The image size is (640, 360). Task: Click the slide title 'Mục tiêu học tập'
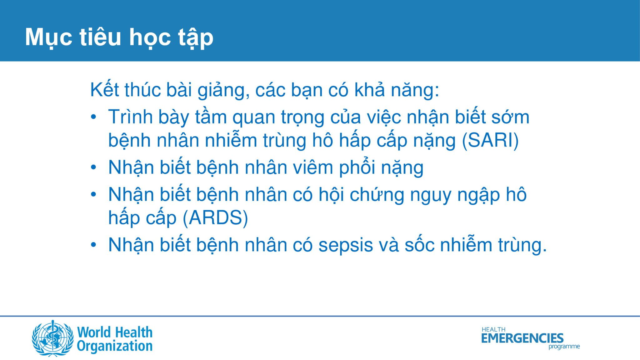click(x=119, y=38)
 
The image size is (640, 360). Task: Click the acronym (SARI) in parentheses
click(x=490, y=141)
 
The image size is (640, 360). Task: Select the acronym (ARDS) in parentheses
click(x=215, y=218)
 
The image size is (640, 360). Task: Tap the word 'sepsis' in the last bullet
click(x=346, y=245)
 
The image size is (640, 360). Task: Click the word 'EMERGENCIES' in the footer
click(x=522, y=338)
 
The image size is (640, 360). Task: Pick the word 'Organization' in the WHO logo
click(x=115, y=347)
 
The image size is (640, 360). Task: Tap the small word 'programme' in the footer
click(x=564, y=347)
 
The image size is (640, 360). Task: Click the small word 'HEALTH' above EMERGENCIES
click(x=493, y=329)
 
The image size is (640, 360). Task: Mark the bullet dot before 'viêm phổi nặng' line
click(x=93, y=168)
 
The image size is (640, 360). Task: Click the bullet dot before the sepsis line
click(x=93, y=245)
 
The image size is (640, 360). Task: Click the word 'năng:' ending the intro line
click(x=415, y=90)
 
